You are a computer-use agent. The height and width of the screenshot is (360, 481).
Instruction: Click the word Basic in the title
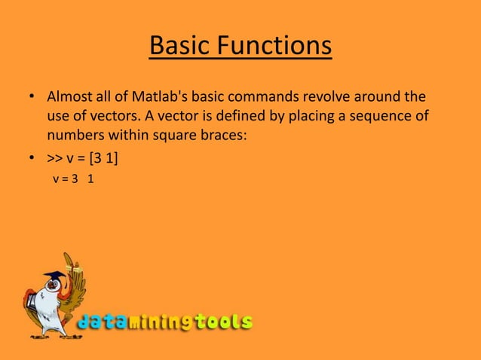[182, 47]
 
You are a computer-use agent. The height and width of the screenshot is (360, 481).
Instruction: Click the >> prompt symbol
[55, 159]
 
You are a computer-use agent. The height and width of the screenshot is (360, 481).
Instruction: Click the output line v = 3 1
[73, 180]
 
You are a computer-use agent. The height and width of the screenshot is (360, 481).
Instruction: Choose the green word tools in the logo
[223, 322]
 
